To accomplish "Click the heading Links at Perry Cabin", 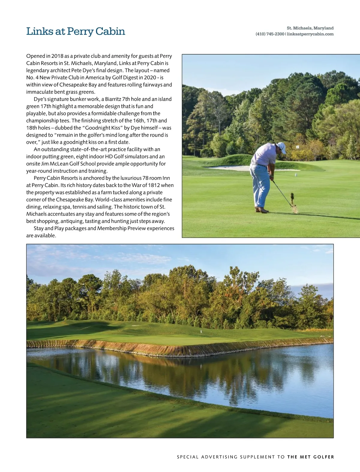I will (x=76, y=31).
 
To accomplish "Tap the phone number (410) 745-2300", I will (x=270, y=34).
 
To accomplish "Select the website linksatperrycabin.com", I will (x=310, y=34).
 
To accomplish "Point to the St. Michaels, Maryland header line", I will (x=310, y=28).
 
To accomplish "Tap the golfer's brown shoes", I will (x=261, y=210).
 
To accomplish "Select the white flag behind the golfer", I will (x=297, y=147).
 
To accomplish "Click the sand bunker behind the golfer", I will (x=231, y=168).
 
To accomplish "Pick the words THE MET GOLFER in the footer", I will (x=310, y=457).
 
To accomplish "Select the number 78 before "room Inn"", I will (x=146, y=178).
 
